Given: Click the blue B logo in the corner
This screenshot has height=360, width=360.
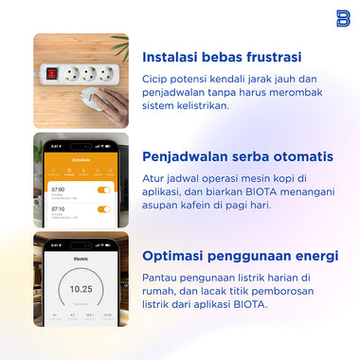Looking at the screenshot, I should click(342, 17).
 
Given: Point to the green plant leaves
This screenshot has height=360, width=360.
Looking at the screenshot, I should click(120, 43).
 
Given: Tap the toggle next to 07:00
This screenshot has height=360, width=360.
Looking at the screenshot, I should click(104, 189).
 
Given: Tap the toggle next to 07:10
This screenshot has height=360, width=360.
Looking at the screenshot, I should click(104, 208).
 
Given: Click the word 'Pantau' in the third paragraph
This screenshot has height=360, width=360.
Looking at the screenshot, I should click(159, 277).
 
